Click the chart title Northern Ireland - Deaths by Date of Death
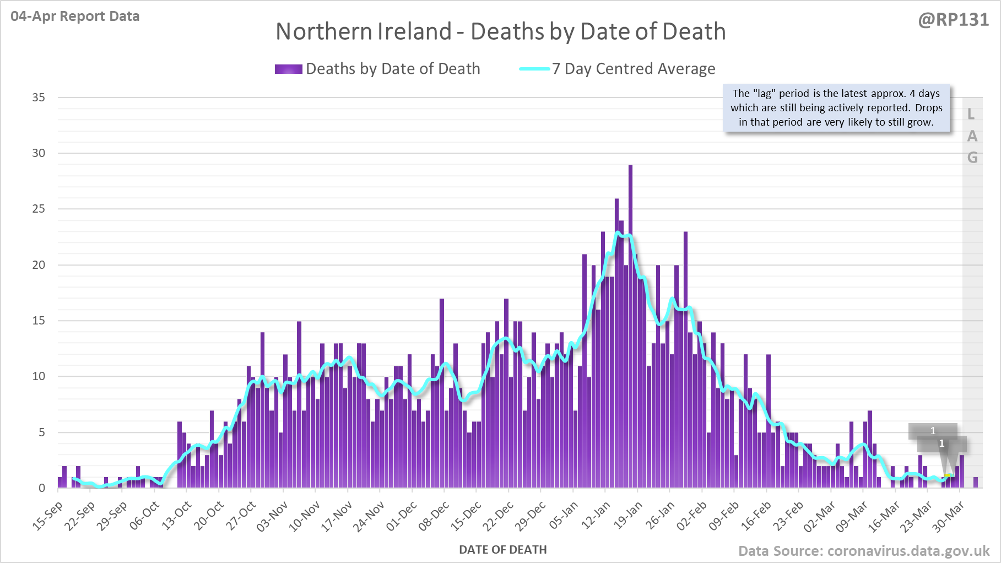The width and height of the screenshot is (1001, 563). tap(500, 31)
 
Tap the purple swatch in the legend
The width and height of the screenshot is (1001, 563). tap(288, 69)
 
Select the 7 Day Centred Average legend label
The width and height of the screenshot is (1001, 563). tap(634, 69)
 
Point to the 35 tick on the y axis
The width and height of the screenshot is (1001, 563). tap(39, 98)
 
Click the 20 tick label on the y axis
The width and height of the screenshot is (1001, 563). tap(39, 265)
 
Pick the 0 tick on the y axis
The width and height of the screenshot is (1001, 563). tap(42, 488)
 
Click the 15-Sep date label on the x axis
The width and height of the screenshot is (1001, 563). tap(48, 516)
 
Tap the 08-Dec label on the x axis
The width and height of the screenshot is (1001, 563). tap(434, 516)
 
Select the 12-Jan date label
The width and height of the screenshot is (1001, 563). tap(597, 516)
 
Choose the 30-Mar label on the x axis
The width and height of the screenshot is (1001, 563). tap(949, 516)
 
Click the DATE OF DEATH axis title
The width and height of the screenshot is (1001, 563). tap(502, 550)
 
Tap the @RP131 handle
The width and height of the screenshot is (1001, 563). tap(953, 20)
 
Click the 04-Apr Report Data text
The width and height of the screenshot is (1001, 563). tap(75, 17)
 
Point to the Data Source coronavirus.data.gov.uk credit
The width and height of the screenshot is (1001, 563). tap(864, 551)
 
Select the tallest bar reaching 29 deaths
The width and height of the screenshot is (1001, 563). tap(630, 331)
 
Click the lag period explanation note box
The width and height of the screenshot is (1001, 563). tap(836, 108)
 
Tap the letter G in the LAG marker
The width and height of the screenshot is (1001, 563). tap(972, 158)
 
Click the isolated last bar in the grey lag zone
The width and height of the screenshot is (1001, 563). tap(976, 483)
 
